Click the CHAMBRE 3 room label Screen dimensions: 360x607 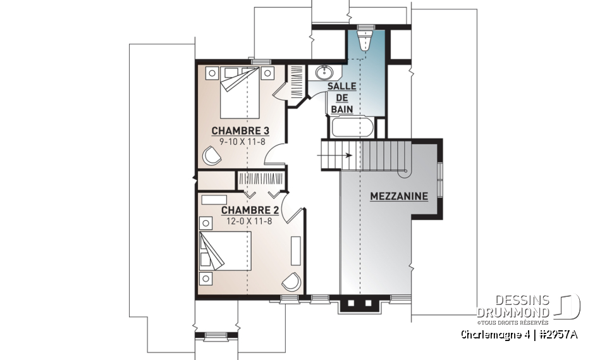pyautogui.click(x=240, y=131)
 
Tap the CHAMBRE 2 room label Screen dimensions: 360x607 pyautogui.click(x=250, y=210)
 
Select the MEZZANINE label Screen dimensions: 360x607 pyautogui.click(x=399, y=196)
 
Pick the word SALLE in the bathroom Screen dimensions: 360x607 pyautogui.click(x=341, y=86)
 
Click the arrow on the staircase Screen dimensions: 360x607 pyautogui.click(x=341, y=154)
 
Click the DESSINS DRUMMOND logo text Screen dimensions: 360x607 pyautogui.click(x=513, y=307)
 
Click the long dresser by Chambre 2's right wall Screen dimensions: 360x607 pyautogui.click(x=295, y=250)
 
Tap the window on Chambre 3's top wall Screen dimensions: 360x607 pyautogui.click(x=257, y=61)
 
